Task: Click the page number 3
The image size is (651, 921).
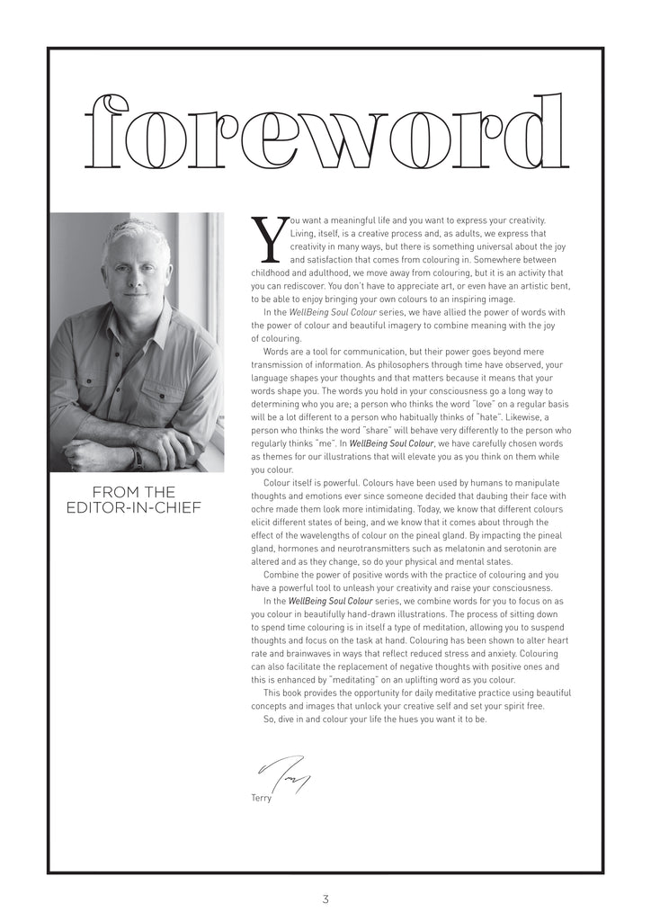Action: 325,899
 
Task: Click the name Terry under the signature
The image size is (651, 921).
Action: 262,798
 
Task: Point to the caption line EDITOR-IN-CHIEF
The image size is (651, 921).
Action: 134,509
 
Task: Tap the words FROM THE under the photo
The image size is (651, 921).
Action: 134,492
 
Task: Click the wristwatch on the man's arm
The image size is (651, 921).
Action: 138,458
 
